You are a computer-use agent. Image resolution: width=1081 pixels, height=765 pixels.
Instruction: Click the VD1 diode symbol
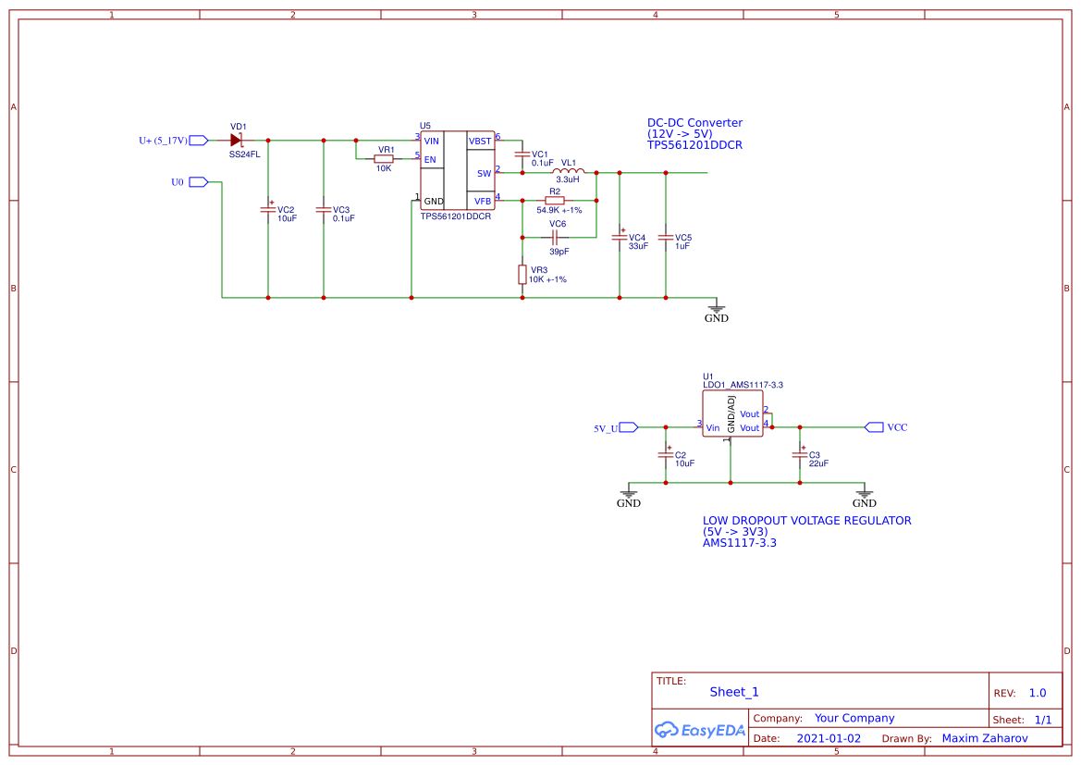click(236, 141)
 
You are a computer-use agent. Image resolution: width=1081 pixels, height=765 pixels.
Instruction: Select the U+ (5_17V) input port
click(198, 141)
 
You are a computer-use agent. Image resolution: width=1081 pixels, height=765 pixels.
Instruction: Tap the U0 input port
click(198, 182)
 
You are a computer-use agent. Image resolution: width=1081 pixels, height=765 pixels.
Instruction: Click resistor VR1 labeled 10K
click(384, 158)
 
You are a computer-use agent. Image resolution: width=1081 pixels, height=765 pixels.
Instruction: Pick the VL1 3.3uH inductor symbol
click(568, 172)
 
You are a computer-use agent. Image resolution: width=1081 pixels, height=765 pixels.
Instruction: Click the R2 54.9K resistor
click(554, 201)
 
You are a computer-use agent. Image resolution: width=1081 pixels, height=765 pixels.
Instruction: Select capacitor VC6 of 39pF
click(555, 237)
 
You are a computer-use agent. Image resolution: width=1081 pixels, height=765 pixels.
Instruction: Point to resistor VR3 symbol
click(522, 275)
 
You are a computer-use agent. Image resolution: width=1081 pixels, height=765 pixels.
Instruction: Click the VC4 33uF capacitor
click(620, 238)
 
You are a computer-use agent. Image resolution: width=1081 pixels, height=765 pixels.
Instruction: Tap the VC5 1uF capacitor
click(666, 238)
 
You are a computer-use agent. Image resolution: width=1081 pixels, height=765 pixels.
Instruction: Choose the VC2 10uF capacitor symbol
click(268, 210)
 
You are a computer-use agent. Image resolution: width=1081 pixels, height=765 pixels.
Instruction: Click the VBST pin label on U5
click(480, 141)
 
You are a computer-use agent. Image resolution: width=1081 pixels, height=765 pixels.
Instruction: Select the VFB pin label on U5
click(483, 201)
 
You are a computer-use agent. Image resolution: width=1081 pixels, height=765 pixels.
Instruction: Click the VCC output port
click(874, 427)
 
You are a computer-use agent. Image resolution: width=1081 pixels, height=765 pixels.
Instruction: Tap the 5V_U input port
click(628, 427)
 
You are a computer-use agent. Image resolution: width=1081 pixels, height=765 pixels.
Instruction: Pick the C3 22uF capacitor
click(800, 455)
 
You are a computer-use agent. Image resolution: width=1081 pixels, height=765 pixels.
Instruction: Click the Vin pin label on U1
click(712, 428)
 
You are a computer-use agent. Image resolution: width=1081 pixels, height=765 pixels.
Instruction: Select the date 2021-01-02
click(829, 738)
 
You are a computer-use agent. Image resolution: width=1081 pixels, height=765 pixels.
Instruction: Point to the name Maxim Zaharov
click(984, 738)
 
